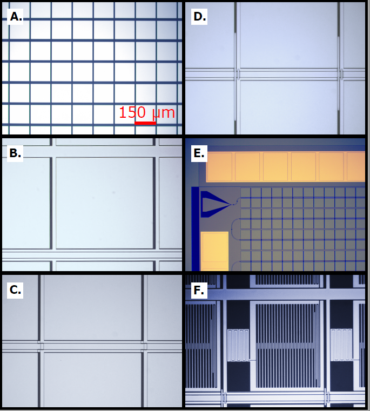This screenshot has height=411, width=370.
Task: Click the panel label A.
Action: click(15, 17)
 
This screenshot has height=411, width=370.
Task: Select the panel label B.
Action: click(15, 153)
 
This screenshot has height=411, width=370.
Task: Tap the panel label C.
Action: click(15, 290)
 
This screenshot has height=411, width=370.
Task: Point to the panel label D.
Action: click(199, 17)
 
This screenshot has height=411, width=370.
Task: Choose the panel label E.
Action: click(199, 153)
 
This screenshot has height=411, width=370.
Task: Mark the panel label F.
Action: click(199, 290)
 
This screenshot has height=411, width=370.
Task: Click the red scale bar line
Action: click(145, 123)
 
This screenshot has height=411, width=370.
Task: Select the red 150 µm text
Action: click(147, 112)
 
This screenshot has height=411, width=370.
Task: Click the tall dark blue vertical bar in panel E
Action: click(195, 229)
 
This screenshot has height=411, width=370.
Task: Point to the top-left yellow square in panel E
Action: click(220, 167)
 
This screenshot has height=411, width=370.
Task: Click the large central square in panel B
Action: click(104, 203)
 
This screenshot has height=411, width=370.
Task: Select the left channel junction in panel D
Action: click(237, 74)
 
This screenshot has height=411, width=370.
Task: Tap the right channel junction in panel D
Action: click(341, 74)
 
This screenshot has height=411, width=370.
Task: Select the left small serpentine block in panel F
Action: click(238, 345)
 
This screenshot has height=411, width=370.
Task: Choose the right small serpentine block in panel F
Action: click(341, 345)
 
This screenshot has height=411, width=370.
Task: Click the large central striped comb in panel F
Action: click(287, 346)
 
